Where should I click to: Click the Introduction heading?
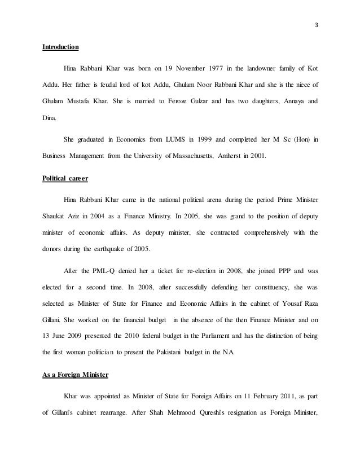(x=61, y=47)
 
